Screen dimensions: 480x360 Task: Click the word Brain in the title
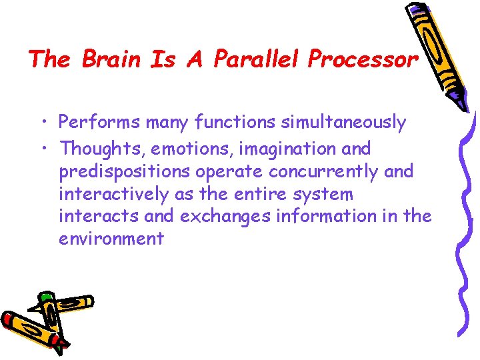(111, 60)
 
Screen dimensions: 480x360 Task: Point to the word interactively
(107, 194)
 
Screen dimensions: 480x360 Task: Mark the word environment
(111, 239)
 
